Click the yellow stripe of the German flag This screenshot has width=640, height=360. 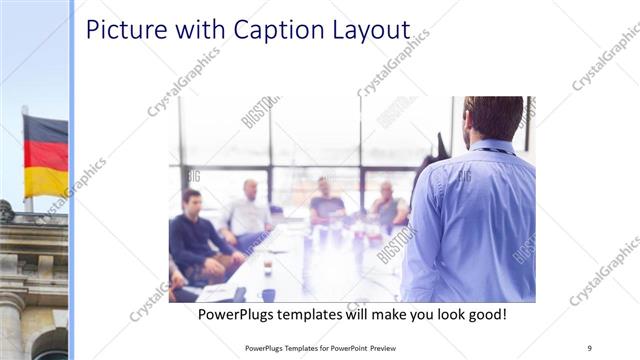tap(46, 181)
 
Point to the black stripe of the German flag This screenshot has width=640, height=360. tap(46, 127)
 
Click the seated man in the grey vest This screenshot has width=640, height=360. tap(387, 205)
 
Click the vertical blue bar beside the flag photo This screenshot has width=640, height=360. tap(72, 180)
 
